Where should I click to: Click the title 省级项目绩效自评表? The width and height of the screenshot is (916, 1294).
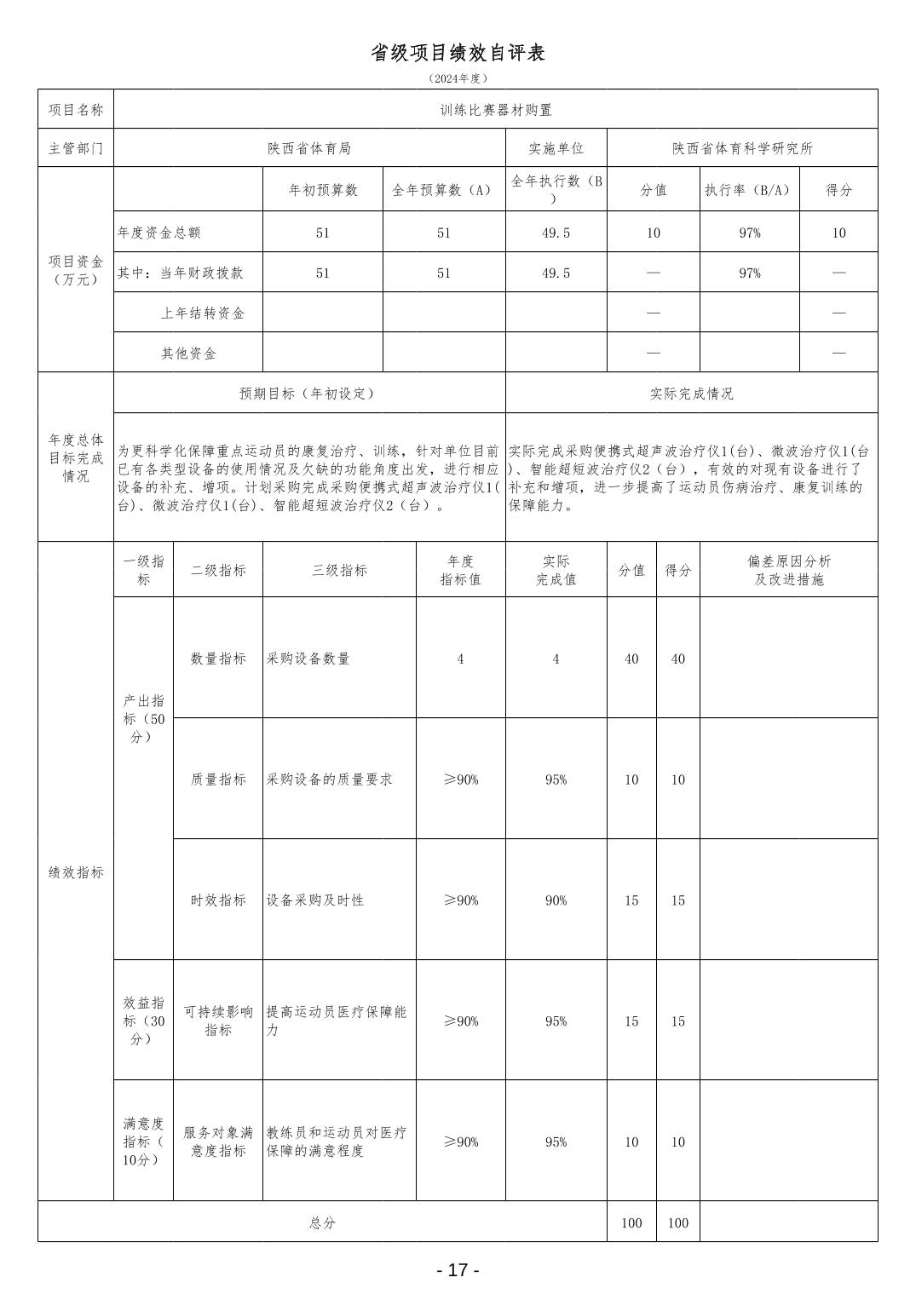[458, 53]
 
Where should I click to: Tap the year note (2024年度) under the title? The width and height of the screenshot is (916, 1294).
[458, 78]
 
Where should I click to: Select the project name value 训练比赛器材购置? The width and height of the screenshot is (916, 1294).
[495, 110]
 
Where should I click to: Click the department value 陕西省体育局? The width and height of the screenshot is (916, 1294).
[308, 148]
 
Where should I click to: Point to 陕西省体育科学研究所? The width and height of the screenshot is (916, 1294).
[741, 148]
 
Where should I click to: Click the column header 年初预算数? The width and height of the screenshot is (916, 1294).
[322, 190]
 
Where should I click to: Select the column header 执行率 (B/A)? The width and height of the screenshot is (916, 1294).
[749, 190]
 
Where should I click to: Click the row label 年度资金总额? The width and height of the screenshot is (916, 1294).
[159, 233]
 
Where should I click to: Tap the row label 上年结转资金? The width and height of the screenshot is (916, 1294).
[202, 313]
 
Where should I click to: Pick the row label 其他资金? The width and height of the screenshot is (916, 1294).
[188, 353]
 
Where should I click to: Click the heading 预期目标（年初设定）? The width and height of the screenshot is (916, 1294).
[308, 394]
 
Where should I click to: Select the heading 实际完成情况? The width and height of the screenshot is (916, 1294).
[691, 394]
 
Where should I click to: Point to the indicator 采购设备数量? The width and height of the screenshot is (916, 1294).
[308, 659]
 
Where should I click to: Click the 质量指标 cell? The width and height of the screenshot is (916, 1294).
[218, 779]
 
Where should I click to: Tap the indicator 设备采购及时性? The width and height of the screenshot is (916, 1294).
[314, 900]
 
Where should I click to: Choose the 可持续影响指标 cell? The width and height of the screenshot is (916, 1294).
[218, 1021]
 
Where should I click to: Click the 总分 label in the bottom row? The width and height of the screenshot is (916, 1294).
[322, 1222]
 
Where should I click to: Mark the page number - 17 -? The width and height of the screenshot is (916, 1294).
[458, 1270]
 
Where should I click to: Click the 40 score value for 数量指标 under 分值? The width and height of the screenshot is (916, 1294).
[631, 659]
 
